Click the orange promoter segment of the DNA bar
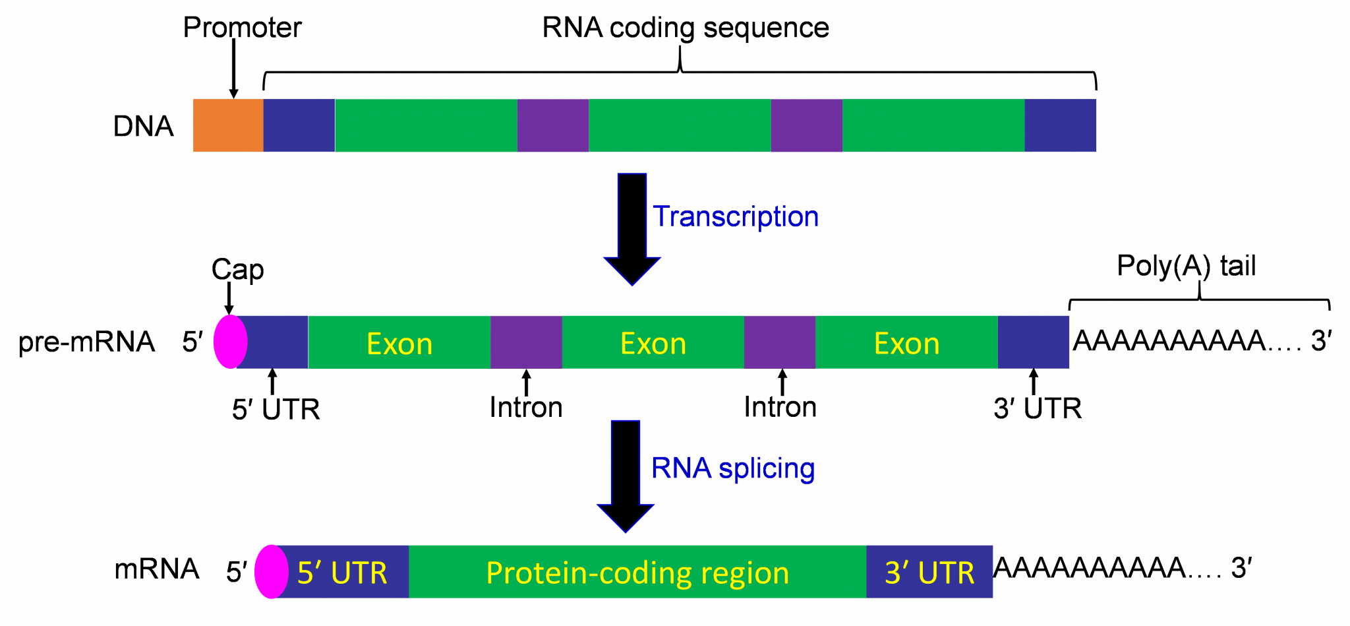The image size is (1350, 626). tap(228, 125)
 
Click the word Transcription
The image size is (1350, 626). tap(736, 216)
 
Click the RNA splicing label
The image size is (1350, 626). tap(732, 468)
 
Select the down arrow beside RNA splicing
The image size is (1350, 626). tap(626, 475)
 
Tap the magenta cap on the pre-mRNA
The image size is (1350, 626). tap(230, 342)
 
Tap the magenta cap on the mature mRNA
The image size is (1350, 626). tap(271, 572)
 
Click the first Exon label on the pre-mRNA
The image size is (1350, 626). tap(399, 344)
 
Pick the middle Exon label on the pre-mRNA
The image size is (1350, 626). tap(653, 344)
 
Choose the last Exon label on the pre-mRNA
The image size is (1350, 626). tap(906, 344)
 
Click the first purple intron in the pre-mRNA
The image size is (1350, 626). tap(526, 342)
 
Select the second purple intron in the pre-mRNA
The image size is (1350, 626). tap(780, 342)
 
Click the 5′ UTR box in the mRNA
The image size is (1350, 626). tap(343, 572)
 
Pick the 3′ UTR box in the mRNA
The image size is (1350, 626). tap(929, 572)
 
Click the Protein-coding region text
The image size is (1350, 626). tap(637, 573)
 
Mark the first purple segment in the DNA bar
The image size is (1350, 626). tap(553, 125)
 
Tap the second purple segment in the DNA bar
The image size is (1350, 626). tap(806, 125)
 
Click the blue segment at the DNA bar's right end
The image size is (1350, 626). tap(1060, 125)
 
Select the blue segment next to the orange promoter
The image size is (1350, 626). tap(299, 125)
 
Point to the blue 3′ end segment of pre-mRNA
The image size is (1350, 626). tap(1034, 342)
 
